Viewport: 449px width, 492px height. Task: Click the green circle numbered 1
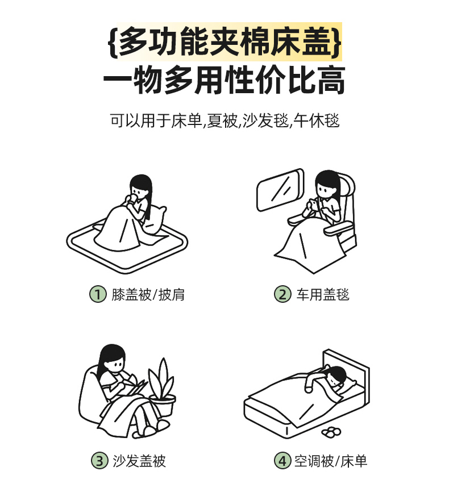(x=98, y=294)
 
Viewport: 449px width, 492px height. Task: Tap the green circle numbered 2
(x=282, y=294)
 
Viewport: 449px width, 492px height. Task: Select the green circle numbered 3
(x=99, y=461)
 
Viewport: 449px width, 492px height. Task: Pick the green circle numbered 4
(x=282, y=461)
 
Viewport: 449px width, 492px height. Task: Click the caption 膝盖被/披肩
(x=148, y=295)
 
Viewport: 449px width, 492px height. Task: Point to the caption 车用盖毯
(x=323, y=295)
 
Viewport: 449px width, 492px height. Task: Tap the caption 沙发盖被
(x=139, y=461)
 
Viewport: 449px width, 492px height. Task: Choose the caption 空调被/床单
(x=331, y=461)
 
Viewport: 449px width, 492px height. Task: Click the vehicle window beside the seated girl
(x=280, y=190)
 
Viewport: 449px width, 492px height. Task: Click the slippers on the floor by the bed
(x=331, y=432)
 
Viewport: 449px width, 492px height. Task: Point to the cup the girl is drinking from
(x=132, y=199)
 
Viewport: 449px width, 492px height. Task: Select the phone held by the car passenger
(x=313, y=203)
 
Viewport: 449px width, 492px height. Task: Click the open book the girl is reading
(x=136, y=385)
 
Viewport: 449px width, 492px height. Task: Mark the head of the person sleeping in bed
(x=336, y=377)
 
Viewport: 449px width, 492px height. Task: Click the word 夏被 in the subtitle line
(x=221, y=120)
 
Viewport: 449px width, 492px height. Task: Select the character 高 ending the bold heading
(x=331, y=80)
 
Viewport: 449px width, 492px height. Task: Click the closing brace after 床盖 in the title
(x=336, y=42)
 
